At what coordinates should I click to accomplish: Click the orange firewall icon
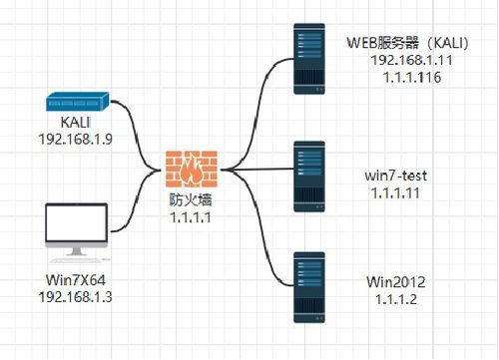tap(192, 169)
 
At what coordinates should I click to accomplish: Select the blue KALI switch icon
tap(77, 102)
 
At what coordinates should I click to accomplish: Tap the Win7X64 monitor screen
tap(77, 222)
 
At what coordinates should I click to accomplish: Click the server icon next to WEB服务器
tap(309, 59)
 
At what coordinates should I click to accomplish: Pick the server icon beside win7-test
tap(309, 177)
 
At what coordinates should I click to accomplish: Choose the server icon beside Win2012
tap(309, 287)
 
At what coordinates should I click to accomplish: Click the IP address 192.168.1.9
tap(76, 139)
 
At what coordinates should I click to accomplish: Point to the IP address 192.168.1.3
tap(76, 296)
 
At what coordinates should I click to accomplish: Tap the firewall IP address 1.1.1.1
tap(191, 217)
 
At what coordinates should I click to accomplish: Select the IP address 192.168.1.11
tap(412, 60)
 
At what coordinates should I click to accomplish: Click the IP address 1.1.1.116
tap(412, 78)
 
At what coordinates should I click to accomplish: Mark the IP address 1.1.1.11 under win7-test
tap(395, 193)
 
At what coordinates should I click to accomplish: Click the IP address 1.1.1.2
tap(396, 299)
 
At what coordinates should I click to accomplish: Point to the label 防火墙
tap(191, 200)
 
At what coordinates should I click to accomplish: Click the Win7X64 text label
tap(76, 279)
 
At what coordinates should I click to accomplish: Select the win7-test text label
tap(396, 176)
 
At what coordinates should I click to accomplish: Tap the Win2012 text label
tap(396, 282)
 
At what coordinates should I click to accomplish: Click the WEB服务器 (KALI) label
tap(408, 43)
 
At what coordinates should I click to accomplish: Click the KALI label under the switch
tap(76, 122)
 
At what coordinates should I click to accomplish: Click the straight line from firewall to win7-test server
tap(257, 170)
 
